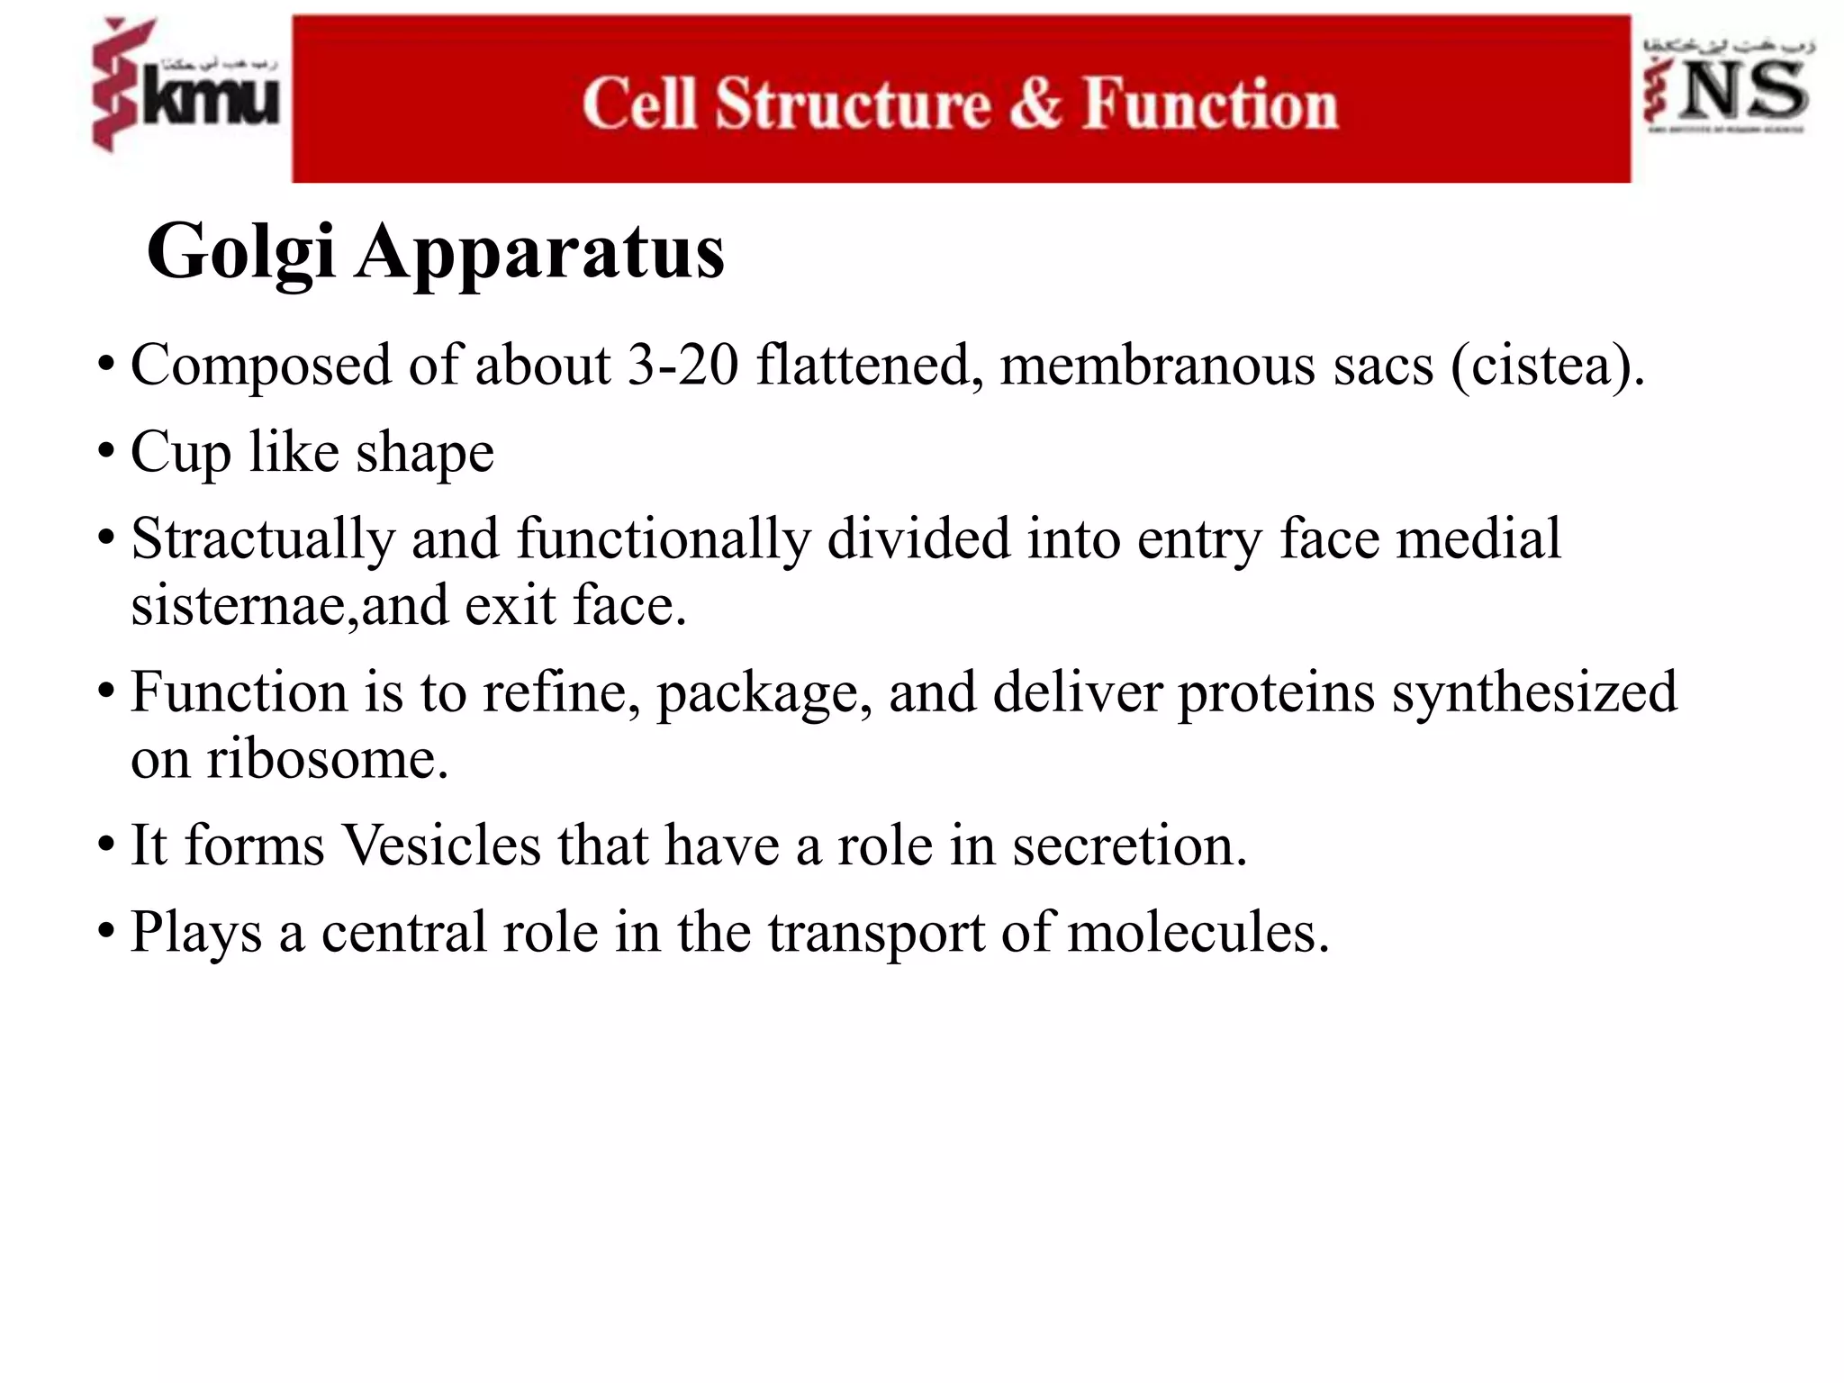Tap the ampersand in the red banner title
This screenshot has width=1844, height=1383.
coord(1035,103)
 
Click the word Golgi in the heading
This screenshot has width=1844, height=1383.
coord(241,253)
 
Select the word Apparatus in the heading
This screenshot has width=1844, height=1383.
coord(539,253)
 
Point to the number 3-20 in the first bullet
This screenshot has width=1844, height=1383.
coord(682,366)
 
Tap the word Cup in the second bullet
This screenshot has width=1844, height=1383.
coord(180,452)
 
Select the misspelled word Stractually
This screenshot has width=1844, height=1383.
coord(263,538)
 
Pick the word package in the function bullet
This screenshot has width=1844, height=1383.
coord(764,693)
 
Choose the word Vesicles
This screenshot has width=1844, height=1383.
coord(441,845)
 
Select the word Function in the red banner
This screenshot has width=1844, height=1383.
coord(1209,103)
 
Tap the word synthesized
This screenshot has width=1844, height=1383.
coord(1534,693)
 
